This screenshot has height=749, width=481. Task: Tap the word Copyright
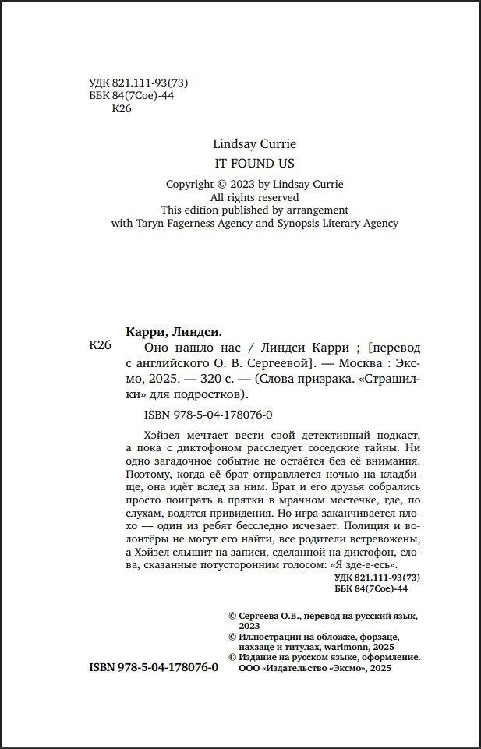pos(189,184)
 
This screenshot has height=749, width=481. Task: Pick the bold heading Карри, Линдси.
pos(172,330)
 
